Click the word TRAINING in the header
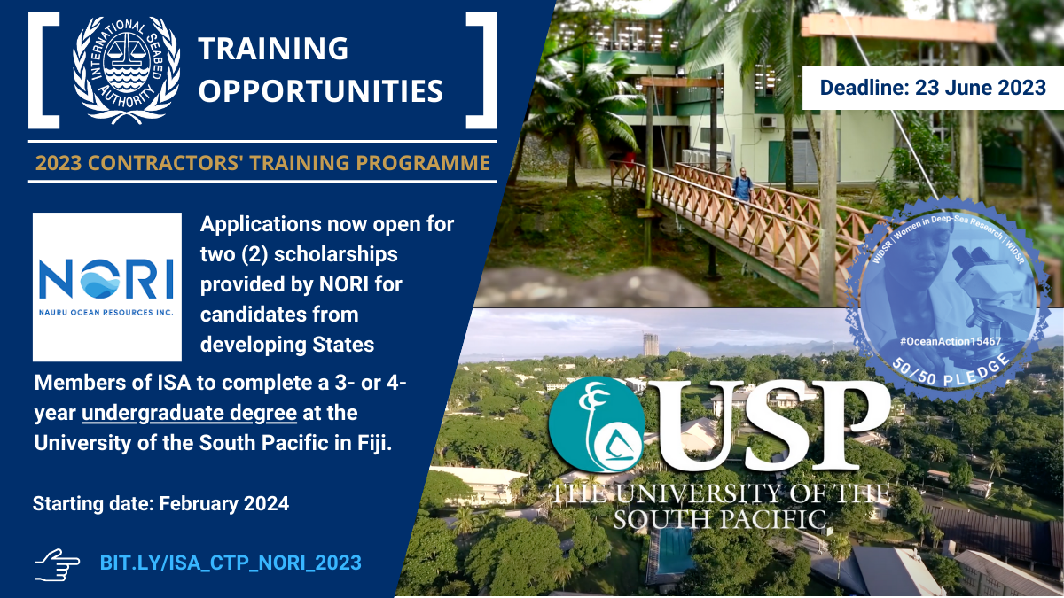coord(273,48)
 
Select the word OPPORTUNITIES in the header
coord(320,90)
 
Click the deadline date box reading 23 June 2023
coord(932,88)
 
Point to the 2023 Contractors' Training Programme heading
coord(262,163)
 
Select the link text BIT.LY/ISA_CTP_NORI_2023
coord(231,563)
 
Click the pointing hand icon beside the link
coord(58,563)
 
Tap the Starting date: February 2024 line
coord(160,504)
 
